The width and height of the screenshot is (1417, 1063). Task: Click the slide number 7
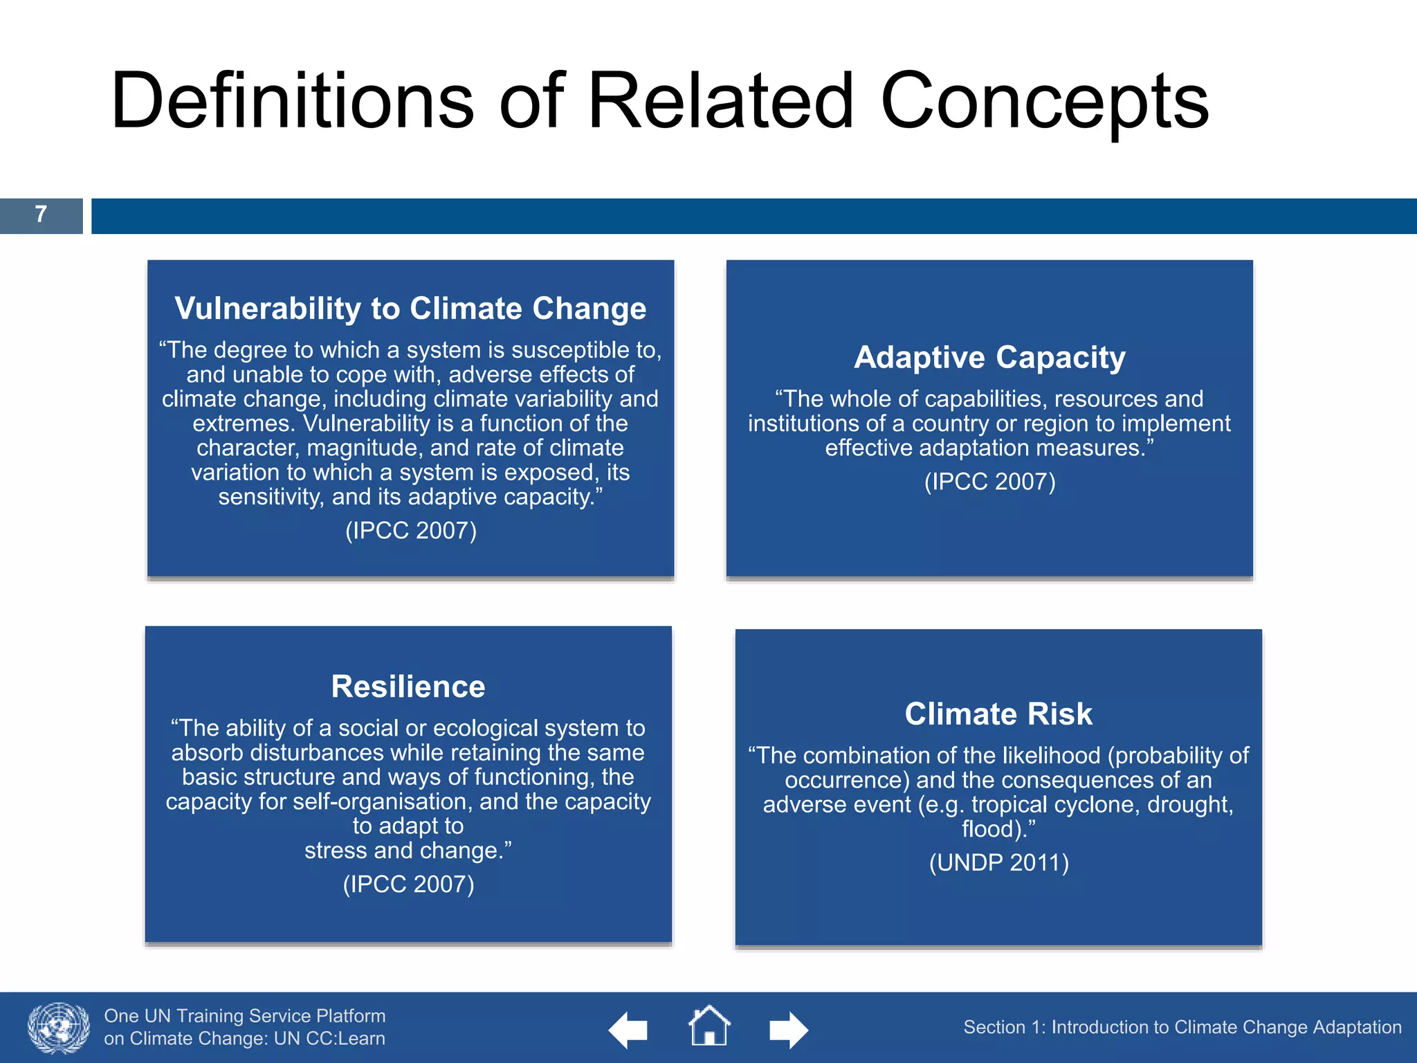click(x=41, y=215)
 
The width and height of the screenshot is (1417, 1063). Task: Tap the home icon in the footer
click(x=709, y=1026)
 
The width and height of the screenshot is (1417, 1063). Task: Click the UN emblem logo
click(x=59, y=1028)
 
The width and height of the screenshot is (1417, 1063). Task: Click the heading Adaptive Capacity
click(x=989, y=358)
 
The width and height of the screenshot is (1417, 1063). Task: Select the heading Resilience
click(x=408, y=687)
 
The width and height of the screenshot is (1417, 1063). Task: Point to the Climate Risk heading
click(x=998, y=714)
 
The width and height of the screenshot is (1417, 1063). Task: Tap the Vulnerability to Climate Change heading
click(x=410, y=309)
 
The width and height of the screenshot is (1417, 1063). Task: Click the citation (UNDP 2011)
click(x=998, y=863)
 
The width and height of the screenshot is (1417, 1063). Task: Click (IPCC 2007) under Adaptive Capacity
click(x=989, y=482)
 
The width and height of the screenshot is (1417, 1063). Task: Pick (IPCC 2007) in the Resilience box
click(x=408, y=884)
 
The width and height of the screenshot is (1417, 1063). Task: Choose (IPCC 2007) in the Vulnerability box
click(x=410, y=531)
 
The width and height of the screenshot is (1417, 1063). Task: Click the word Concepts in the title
click(x=1045, y=102)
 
